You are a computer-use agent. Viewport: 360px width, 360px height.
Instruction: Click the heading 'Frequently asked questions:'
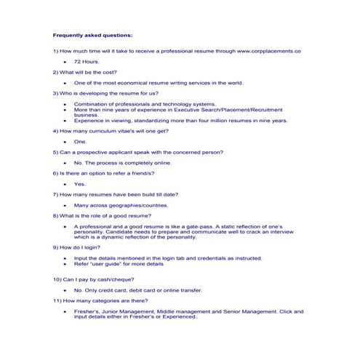[x=92, y=35]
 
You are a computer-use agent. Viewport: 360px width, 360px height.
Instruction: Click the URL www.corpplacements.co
[x=269, y=52]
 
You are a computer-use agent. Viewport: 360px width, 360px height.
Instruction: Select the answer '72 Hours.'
[x=87, y=62]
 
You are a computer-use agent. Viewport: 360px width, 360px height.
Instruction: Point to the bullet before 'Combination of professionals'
[x=65, y=104]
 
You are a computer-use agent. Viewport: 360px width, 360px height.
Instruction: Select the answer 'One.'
[x=80, y=142]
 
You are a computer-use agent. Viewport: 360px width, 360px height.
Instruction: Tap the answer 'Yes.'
[x=80, y=184]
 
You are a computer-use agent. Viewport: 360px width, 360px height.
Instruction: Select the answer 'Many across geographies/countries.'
[x=121, y=205]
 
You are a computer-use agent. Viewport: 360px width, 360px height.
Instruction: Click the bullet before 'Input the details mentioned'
[x=65, y=258]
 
